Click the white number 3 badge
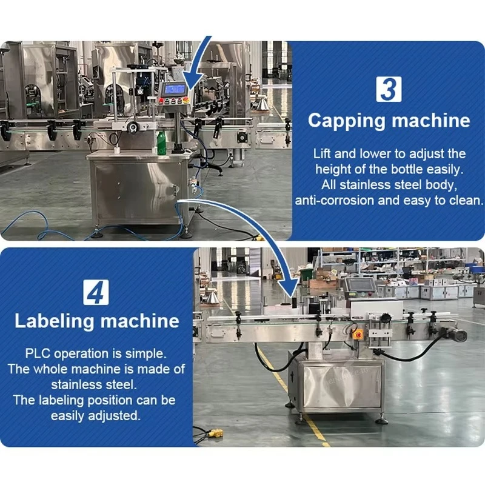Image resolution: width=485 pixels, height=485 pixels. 389,89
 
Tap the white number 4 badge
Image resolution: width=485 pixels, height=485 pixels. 96,292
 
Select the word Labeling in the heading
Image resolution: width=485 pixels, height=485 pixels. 54,321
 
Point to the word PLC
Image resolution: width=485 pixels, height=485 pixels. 38,353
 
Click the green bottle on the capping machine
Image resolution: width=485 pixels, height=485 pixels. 161,142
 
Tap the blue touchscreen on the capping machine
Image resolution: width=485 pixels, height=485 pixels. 175,89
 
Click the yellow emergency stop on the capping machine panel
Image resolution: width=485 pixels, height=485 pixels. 186,100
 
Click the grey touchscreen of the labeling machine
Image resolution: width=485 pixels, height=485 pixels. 360,284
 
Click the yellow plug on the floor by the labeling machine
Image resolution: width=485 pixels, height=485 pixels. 215,433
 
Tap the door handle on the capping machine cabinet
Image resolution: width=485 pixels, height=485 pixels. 175,190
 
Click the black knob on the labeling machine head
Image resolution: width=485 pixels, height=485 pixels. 386,318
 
